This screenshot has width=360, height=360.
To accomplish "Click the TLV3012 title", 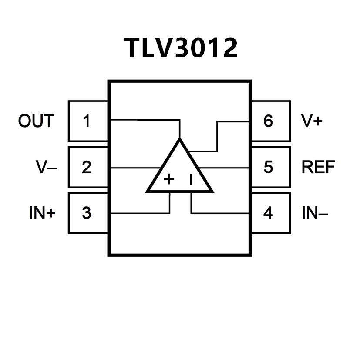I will coord(181,48).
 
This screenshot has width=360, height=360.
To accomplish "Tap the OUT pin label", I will coord(36,121).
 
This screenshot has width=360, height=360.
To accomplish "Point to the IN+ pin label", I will coord(42,213).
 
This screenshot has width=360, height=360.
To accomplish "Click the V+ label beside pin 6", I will coord(312,121).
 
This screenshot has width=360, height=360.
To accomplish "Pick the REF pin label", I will coord(318,167).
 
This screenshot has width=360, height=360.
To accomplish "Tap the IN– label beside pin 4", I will coord(315,213).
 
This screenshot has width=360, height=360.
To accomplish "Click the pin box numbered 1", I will coord(87,121).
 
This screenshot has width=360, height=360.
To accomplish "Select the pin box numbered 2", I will coord(87,167).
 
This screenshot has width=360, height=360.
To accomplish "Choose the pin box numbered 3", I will coord(87,213).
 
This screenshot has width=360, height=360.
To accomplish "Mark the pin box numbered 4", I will coord(269,213).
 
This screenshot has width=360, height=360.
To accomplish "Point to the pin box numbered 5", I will coord(269,167).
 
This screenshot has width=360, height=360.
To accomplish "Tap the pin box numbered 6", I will coord(269,121).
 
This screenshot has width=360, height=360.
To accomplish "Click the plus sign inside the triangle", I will coord(169,179).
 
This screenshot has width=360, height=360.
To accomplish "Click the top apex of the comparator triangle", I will coord(179,141).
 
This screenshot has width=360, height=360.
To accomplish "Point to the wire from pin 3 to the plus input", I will coord(139,213).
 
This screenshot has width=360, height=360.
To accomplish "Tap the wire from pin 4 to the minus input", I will coord(220,213).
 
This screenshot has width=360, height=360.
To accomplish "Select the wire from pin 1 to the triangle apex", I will coord(144,119).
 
